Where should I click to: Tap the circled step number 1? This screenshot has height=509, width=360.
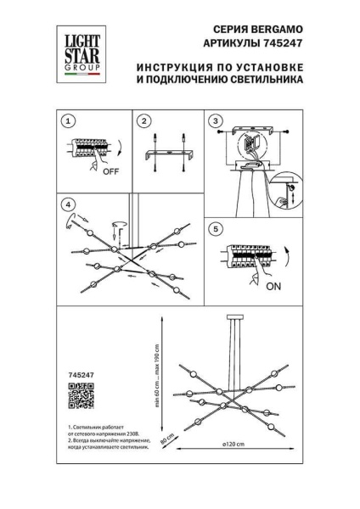[x=70, y=120]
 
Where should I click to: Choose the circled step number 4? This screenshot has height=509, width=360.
[x=70, y=205]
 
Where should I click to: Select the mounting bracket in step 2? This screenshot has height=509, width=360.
[x=168, y=159]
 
